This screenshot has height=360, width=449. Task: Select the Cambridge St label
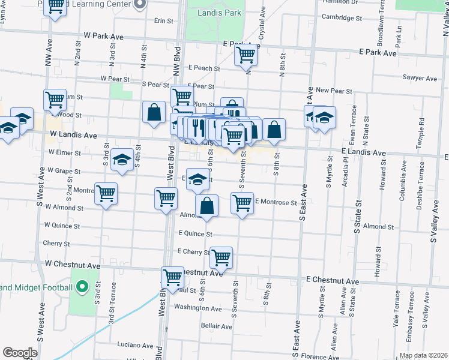click(342, 17)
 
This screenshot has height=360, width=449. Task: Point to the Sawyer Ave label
click(420, 78)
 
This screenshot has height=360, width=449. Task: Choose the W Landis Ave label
click(73, 135)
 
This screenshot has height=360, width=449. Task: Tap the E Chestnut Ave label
click(333, 281)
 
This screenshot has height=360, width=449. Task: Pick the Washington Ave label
click(198, 308)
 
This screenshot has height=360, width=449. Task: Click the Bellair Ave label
click(217, 326)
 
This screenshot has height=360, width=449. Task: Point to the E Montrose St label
click(276, 202)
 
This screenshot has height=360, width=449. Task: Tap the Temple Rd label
click(422, 129)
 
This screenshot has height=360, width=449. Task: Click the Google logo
click(19, 353)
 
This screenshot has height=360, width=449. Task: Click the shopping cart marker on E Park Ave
click(246, 55)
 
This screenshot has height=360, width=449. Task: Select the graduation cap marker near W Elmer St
click(122, 160)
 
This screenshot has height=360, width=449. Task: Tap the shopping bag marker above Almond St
click(206, 206)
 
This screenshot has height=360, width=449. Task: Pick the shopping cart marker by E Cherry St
click(221, 258)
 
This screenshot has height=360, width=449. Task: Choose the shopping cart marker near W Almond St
click(106, 194)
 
